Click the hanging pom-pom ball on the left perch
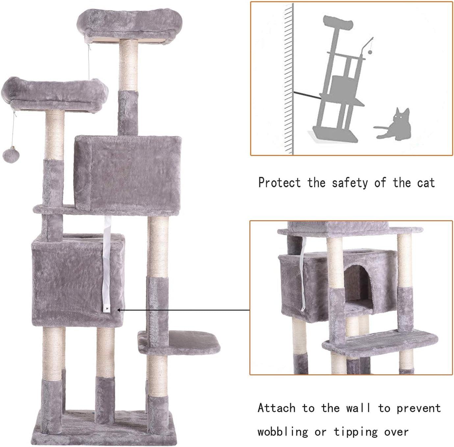coord(9,154)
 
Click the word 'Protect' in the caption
coord(279,183)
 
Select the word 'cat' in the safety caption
coord(426,183)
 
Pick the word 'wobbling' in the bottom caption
coord(283,431)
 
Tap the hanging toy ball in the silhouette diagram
coord(370,52)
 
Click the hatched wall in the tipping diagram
coord(289,79)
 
